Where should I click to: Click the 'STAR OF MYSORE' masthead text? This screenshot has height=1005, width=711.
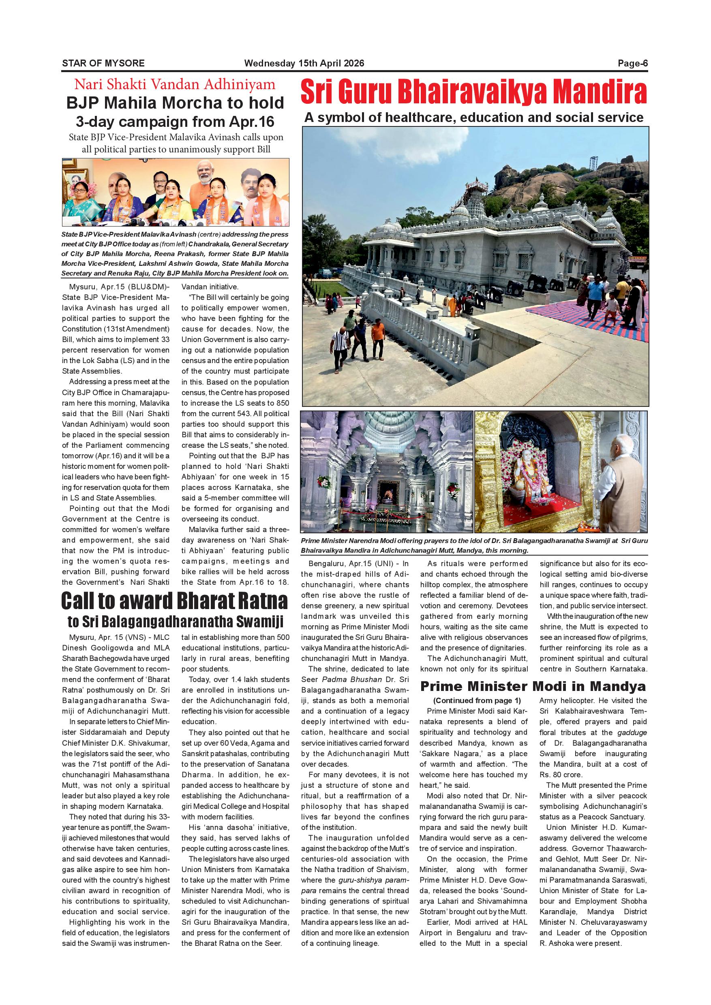point(103,63)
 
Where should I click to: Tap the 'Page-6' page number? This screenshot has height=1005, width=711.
point(632,63)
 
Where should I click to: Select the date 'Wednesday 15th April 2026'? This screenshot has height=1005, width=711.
point(304,63)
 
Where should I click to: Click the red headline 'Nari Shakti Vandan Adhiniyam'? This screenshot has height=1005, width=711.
point(175,84)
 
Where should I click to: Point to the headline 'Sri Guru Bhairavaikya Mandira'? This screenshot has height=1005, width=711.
point(474,93)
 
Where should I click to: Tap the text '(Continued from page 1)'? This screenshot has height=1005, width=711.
point(474,700)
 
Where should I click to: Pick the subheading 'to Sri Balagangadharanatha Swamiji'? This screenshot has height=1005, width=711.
point(175,622)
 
